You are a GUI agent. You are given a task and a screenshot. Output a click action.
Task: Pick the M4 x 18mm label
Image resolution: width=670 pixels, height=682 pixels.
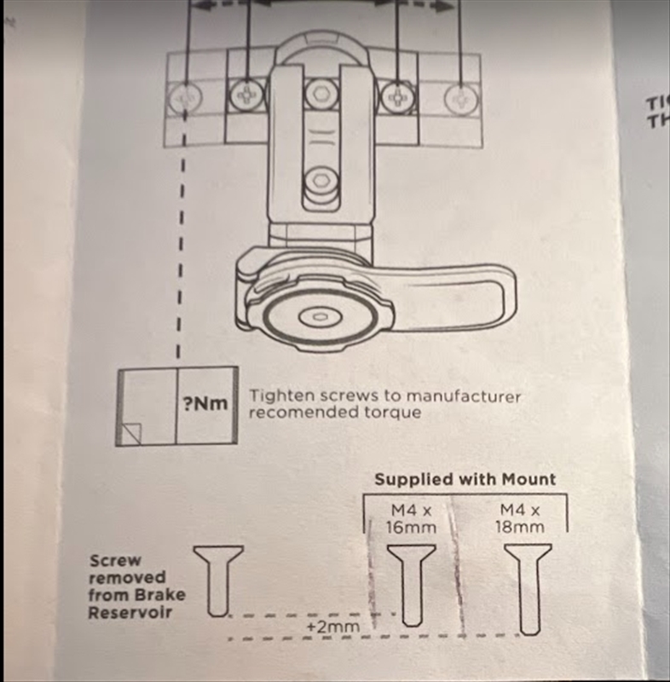[x=521, y=518]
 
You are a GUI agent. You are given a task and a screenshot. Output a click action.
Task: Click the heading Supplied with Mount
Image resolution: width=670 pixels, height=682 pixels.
[x=465, y=479]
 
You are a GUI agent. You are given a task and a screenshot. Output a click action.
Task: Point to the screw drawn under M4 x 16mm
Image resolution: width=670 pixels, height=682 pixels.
[x=412, y=584]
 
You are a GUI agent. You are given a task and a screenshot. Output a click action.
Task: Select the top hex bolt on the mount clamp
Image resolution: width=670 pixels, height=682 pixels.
[x=320, y=91]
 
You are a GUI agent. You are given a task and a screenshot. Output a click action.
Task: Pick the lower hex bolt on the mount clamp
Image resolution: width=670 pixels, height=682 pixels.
[x=320, y=181]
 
